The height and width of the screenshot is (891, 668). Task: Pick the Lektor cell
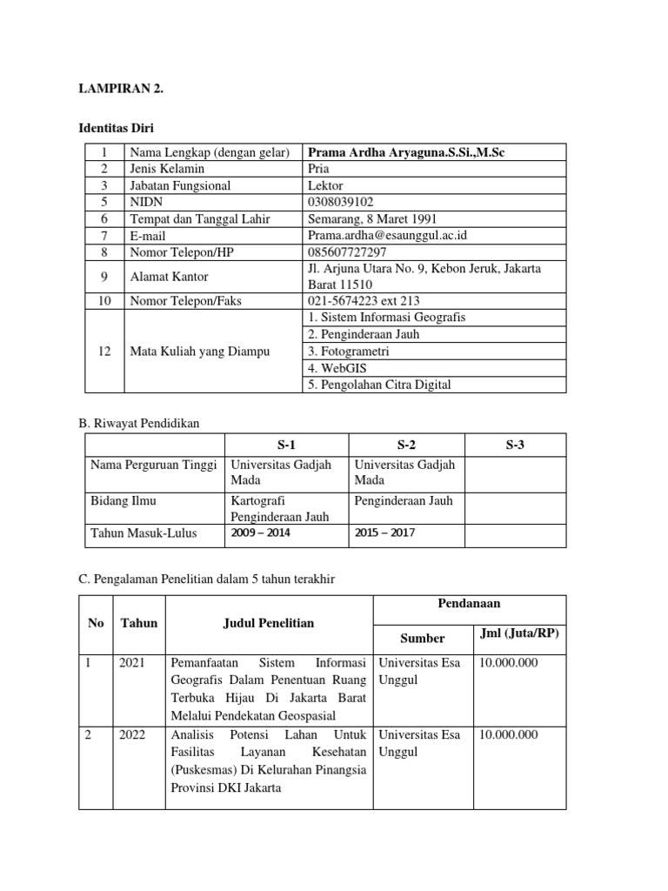pyautogui.click(x=326, y=185)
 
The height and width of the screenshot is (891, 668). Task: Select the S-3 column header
pyautogui.click(x=515, y=445)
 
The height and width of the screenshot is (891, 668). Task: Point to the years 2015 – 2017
pyautogui.click(x=384, y=533)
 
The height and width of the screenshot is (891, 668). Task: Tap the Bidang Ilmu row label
pyautogui.click(x=123, y=501)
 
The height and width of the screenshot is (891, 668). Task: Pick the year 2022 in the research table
pyautogui.click(x=132, y=734)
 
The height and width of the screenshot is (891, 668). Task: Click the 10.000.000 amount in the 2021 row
pyautogui.click(x=509, y=662)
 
